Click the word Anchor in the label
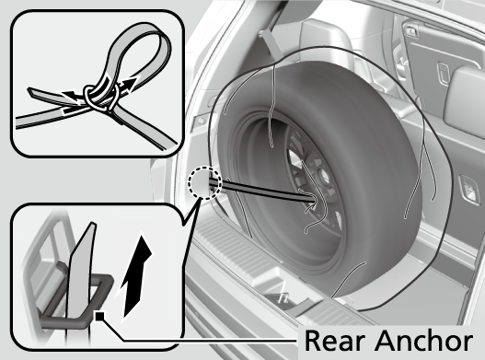tap(424, 340)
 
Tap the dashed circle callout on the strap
tap(204, 183)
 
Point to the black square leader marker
tap(99, 316)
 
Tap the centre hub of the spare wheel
tap(324, 177)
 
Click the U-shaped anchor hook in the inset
tap(77, 297)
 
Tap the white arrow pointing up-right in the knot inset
tap(127, 85)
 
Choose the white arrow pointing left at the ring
tap(72, 96)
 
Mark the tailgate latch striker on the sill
tap(283, 297)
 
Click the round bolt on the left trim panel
tap(202, 121)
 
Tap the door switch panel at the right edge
tap(468, 190)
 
